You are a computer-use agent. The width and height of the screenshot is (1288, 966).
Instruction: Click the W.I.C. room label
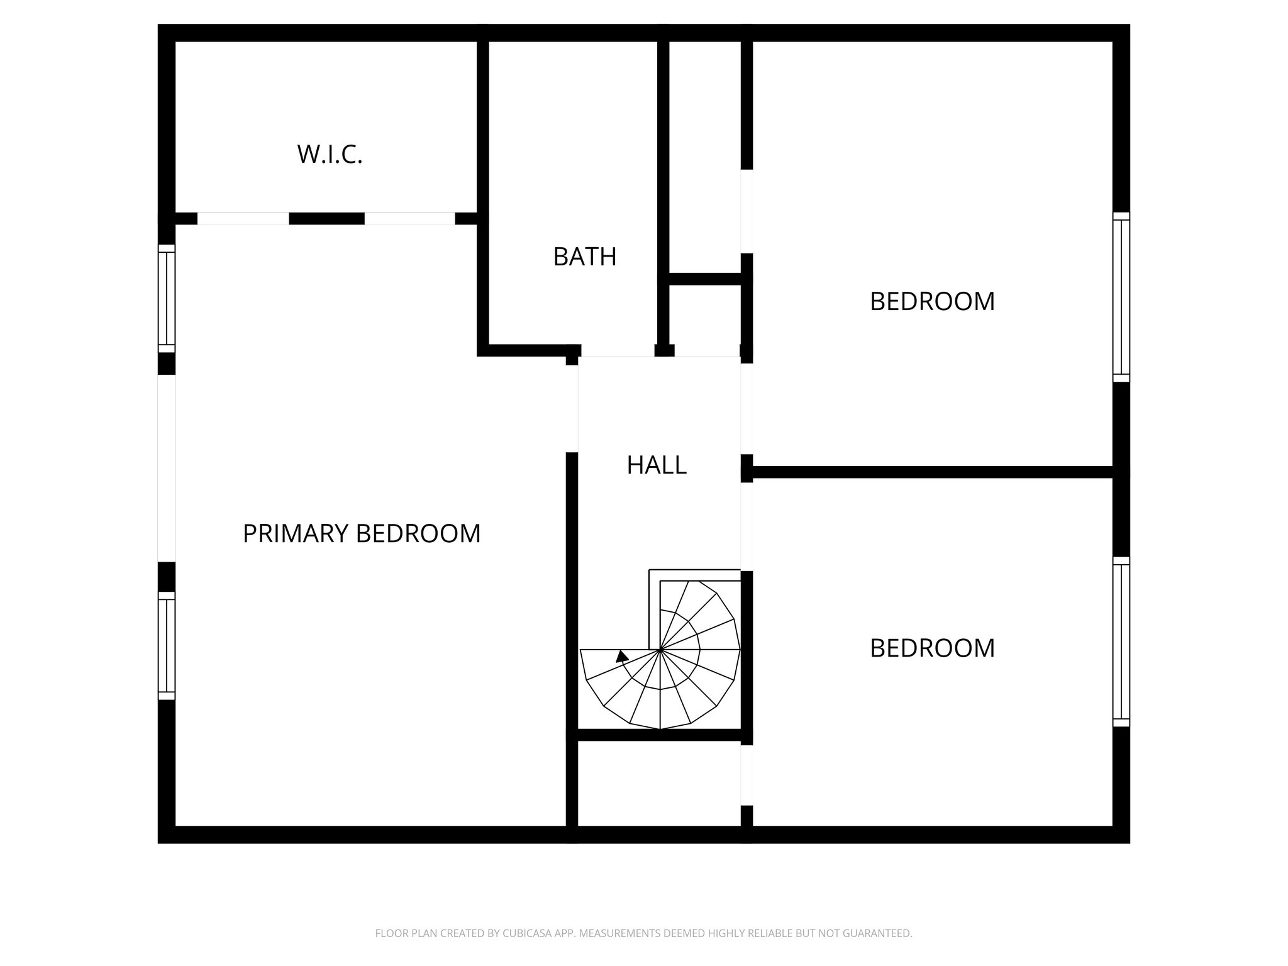(x=330, y=154)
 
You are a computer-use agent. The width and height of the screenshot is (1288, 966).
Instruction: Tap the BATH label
(x=584, y=257)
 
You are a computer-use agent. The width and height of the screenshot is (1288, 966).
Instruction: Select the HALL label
(x=657, y=465)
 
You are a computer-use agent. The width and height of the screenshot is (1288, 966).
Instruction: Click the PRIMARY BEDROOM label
(x=362, y=533)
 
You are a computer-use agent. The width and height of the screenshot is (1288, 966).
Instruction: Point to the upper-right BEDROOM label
(x=932, y=301)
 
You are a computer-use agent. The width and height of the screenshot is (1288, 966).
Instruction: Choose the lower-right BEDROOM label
(x=932, y=648)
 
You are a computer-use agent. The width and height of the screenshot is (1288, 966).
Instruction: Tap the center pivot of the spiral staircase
(x=660, y=649)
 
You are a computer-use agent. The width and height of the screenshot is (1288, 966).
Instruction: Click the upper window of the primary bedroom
(x=166, y=299)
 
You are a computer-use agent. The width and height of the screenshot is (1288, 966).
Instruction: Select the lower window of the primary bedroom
(x=166, y=645)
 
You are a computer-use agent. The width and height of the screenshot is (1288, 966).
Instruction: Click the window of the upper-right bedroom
(x=1121, y=297)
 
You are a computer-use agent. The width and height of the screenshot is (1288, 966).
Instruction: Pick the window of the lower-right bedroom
(x=1121, y=641)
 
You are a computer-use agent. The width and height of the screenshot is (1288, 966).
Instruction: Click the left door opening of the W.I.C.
(x=243, y=219)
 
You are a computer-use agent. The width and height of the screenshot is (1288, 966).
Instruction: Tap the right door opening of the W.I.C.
(x=409, y=219)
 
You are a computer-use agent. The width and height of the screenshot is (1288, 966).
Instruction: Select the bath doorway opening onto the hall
(x=618, y=351)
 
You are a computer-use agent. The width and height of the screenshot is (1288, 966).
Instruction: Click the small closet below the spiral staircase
(x=658, y=782)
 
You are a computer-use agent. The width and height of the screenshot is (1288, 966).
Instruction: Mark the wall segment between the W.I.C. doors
(x=326, y=219)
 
